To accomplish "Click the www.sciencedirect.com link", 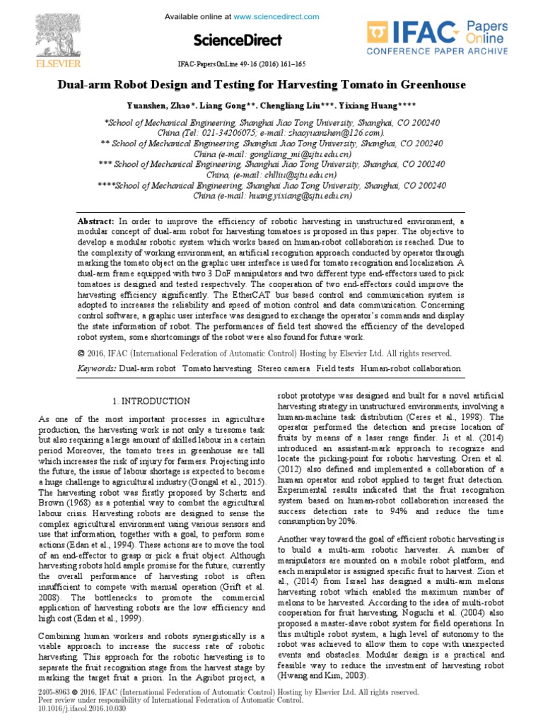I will click(x=268, y=16).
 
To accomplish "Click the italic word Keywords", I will click(x=95, y=369).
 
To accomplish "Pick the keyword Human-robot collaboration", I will click(x=410, y=369).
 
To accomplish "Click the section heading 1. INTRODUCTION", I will click(x=151, y=402).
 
